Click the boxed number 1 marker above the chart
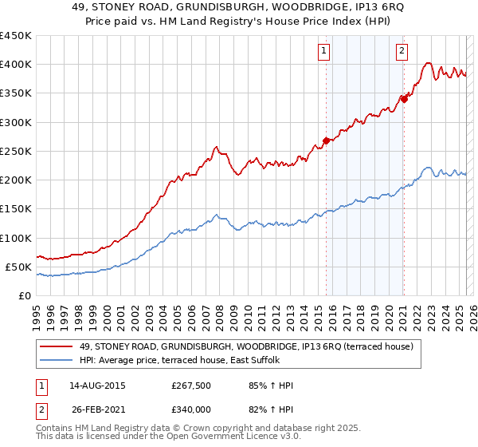tap(325, 52)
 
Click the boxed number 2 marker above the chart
tap(402, 52)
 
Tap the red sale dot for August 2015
tap(326, 141)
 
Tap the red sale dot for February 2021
tap(404, 99)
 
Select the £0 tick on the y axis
tap(26, 295)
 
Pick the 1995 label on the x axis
tap(37, 311)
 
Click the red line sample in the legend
tap(57, 346)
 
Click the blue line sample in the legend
tap(57, 361)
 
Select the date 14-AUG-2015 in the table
tap(97, 386)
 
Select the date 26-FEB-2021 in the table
tap(97, 409)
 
